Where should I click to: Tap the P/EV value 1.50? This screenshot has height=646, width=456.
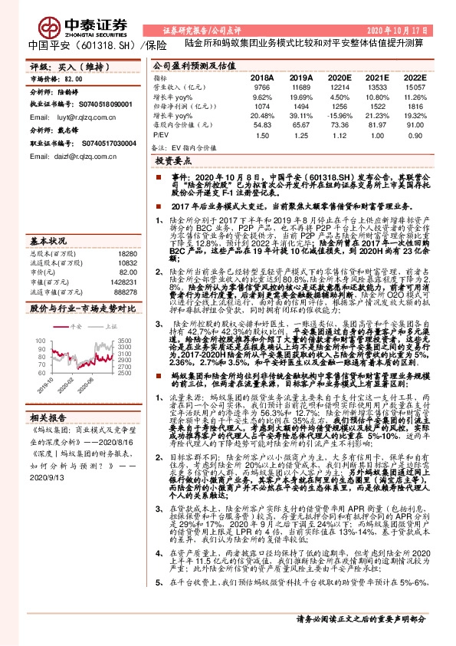click(262, 135)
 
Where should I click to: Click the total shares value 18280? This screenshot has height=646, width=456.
click(126, 252)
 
